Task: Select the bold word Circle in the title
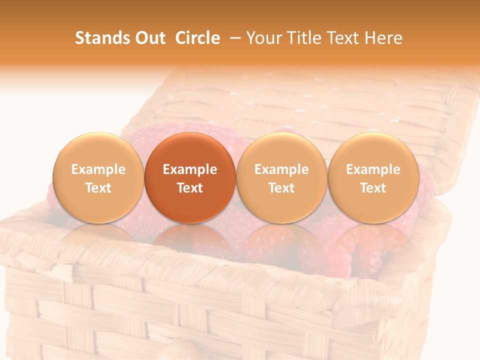[x=197, y=38]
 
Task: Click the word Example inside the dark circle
[x=190, y=169]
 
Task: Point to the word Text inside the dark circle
[x=190, y=188]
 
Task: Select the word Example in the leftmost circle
[x=98, y=169]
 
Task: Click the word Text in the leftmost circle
[x=98, y=188]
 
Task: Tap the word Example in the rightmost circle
[x=373, y=169]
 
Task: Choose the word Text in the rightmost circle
[x=373, y=188]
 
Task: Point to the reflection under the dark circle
[x=190, y=240]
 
